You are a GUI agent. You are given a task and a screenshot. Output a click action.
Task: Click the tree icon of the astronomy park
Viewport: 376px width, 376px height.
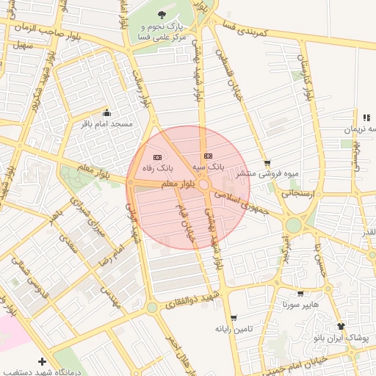(x=162, y=14)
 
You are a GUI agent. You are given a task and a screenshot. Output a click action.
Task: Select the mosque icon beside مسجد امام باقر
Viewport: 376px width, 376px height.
(x=107, y=113)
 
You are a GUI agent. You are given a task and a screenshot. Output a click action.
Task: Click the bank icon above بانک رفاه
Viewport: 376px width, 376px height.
(x=156, y=157)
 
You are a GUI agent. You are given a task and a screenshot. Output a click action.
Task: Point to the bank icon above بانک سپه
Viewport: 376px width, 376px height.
(x=208, y=156)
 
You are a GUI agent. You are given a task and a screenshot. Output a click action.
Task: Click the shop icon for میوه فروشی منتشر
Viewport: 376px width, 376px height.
(x=267, y=164)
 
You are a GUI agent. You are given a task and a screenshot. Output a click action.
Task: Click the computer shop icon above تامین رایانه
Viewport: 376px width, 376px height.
(x=234, y=318)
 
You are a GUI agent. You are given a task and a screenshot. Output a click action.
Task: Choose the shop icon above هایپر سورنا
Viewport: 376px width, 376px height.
(x=300, y=293)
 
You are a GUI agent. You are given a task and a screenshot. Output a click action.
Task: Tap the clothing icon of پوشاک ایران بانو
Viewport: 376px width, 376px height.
(x=341, y=325)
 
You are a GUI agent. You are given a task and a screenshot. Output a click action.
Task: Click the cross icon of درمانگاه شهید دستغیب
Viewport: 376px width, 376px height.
(x=42, y=361)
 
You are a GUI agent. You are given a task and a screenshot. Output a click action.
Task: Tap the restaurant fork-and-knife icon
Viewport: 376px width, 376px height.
(x=366, y=117)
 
